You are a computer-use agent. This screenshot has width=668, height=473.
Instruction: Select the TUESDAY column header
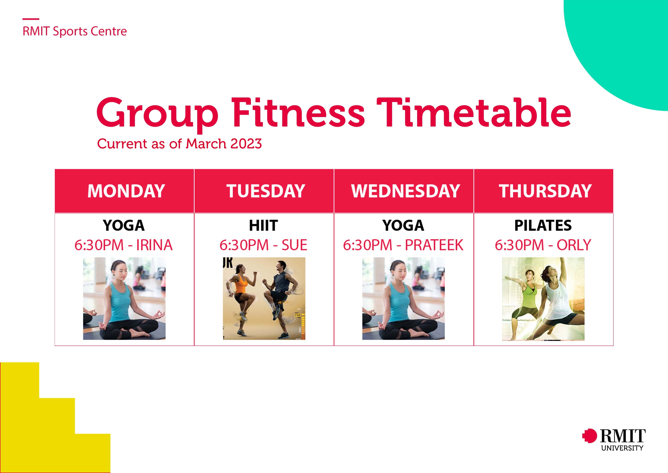[265, 191]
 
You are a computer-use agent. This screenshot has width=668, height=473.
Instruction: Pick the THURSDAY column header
[545, 191]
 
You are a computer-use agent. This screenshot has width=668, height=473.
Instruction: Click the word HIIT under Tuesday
[263, 225]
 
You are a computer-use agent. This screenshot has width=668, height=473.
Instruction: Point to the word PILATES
[543, 225]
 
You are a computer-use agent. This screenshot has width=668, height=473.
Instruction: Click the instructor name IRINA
[154, 245]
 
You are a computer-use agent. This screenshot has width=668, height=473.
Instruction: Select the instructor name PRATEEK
[434, 245]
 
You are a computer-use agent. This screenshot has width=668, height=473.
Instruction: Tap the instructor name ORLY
[574, 245]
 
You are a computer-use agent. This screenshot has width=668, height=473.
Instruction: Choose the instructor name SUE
[294, 245]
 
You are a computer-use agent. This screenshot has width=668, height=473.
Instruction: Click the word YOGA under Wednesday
[403, 225]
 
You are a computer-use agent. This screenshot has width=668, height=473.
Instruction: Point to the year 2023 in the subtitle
[246, 144]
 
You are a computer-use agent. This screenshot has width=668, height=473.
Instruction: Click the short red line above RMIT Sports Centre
[31, 19]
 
